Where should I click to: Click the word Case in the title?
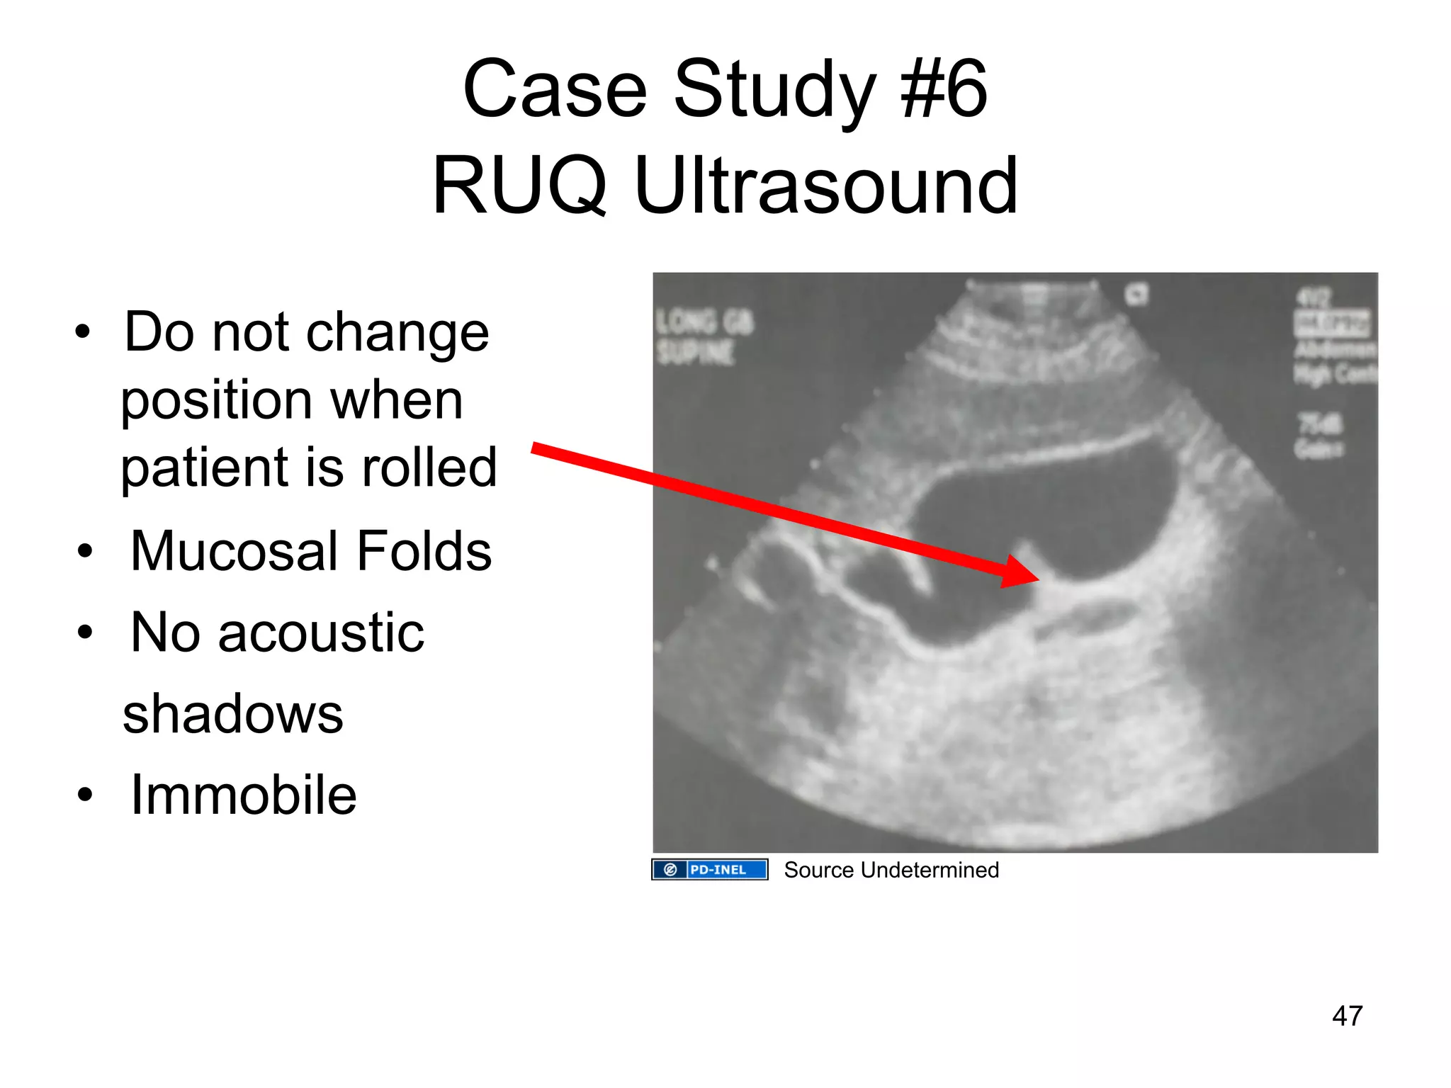tap(554, 90)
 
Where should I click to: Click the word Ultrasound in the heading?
tap(825, 186)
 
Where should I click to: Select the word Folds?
tap(424, 551)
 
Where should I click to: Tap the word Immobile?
tap(243, 795)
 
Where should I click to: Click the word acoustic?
tap(320, 633)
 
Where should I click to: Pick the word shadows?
tap(232, 714)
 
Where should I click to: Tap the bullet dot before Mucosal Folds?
tap(85, 551)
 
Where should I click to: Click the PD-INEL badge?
tap(709, 869)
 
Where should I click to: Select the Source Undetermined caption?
tap(891, 870)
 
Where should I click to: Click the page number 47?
tap(1347, 1016)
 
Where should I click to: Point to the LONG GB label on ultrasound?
tap(704, 322)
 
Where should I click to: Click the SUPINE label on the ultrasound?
tap(695, 352)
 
